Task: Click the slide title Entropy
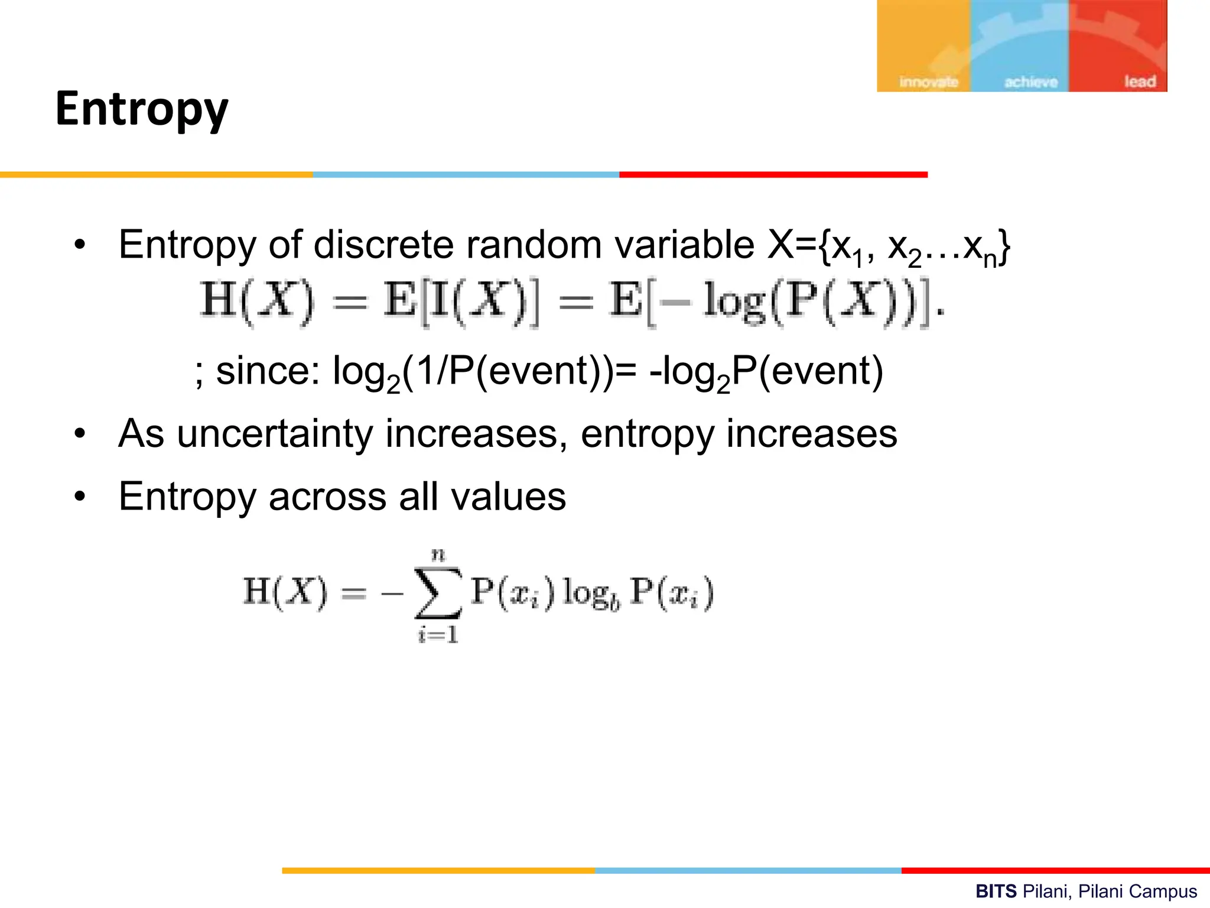pyautogui.click(x=142, y=110)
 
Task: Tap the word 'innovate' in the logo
pyautogui.click(x=928, y=82)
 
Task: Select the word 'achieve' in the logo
pyautogui.click(x=1031, y=82)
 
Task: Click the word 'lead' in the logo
pyautogui.click(x=1140, y=81)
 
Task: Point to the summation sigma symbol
pyautogui.click(x=438, y=593)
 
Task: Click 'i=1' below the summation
pyautogui.click(x=438, y=635)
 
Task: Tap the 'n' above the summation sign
pyautogui.click(x=438, y=554)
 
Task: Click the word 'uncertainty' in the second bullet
pyautogui.click(x=275, y=434)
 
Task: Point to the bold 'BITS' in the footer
pyautogui.click(x=996, y=891)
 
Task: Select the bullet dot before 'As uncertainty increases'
pyautogui.click(x=80, y=434)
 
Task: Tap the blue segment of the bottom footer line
pyautogui.click(x=748, y=870)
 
